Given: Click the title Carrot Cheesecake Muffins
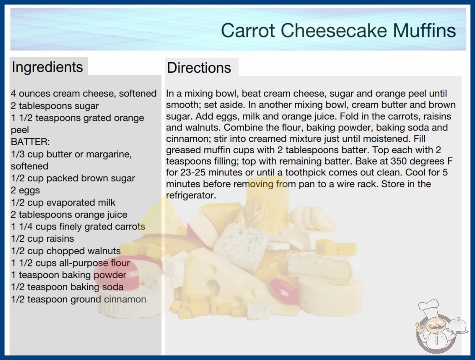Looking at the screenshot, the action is (x=338, y=30).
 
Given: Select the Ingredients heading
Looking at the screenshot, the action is (x=47, y=67).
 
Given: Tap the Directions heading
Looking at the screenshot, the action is (x=199, y=68).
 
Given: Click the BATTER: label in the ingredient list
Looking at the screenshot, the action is (x=30, y=142).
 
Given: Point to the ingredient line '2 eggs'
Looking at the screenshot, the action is (x=25, y=190).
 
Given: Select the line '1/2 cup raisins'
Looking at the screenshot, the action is (x=42, y=239).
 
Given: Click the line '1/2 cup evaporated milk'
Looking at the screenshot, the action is (x=63, y=203).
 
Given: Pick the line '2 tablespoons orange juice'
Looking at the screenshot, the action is (x=69, y=215).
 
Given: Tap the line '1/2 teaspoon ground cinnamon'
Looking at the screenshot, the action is (x=79, y=300).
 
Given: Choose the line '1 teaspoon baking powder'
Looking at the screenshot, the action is (x=69, y=275).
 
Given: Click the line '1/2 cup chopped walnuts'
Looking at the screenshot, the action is (x=66, y=251).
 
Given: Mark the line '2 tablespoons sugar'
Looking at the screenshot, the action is (x=55, y=106).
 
